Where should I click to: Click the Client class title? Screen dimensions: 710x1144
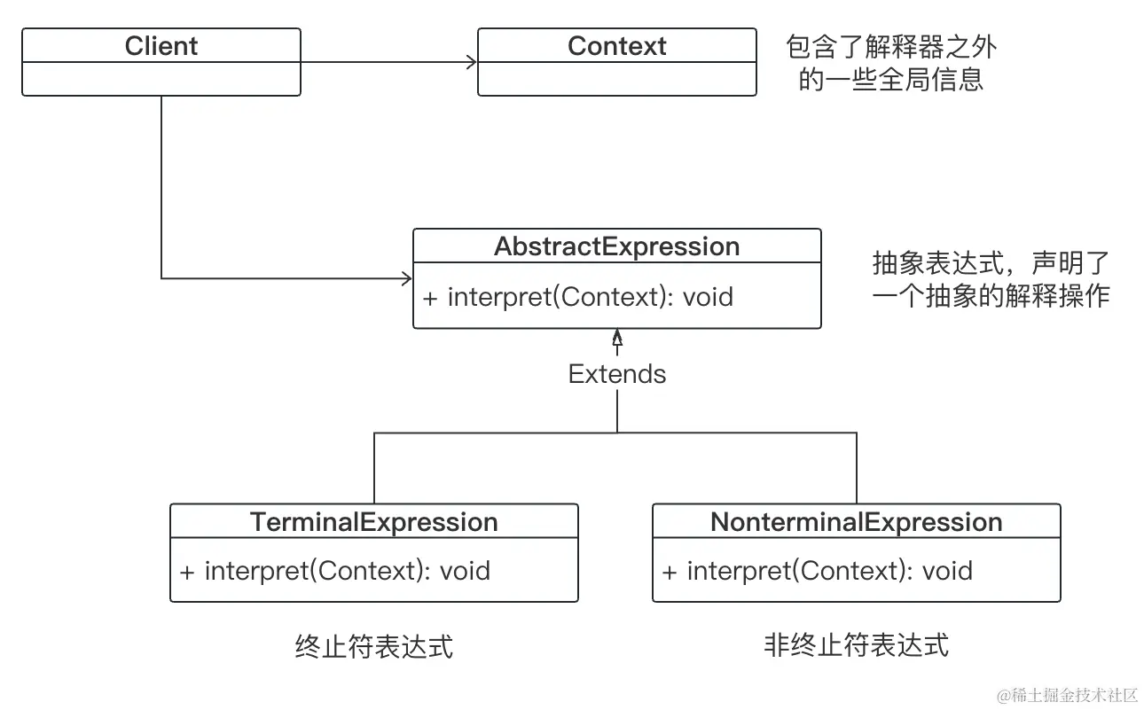[x=161, y=46]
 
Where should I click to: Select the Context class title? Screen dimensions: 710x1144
[x=616, y=46]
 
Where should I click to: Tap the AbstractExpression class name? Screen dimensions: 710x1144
[x=616, y=246]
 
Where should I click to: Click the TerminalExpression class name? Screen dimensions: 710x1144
[x=373, y=522]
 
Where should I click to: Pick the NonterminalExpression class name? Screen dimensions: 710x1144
[x=856, y=522]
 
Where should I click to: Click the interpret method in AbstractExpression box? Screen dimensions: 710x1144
[x=578, y=296]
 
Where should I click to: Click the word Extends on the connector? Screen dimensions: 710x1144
[x=616, y=374]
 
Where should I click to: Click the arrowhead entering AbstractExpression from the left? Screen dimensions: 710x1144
[x=407, y=278]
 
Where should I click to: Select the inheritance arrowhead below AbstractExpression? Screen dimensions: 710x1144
[x=617, y=338]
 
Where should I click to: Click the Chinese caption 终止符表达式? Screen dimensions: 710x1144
[x=373, y=646]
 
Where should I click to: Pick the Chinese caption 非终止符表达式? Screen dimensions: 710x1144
[x=856, y=644]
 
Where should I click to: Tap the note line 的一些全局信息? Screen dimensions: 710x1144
[x=891, y=80]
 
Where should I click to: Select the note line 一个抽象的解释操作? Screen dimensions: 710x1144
[x=991, y=296]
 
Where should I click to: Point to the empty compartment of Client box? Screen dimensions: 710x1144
[x=161, y=79]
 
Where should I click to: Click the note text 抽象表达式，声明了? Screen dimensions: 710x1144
[x=991, y=263]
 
